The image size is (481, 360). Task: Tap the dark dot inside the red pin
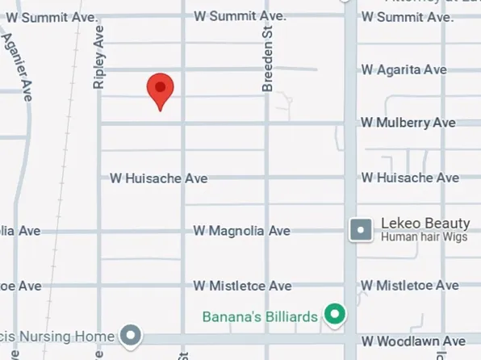[160, 86]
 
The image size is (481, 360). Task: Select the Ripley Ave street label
[99, 57]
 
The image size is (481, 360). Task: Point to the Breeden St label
[268, 57]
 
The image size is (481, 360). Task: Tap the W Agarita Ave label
[404, 70]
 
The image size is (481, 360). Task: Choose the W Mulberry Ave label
[408, 123]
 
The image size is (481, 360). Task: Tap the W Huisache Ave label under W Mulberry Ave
[410, 178]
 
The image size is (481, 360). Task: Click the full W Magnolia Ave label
[241, 232]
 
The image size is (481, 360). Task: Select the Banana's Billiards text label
[260, 316]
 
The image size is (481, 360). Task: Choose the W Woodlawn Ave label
[413, 341]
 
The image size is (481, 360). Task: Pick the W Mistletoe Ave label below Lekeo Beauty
[410, 286]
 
